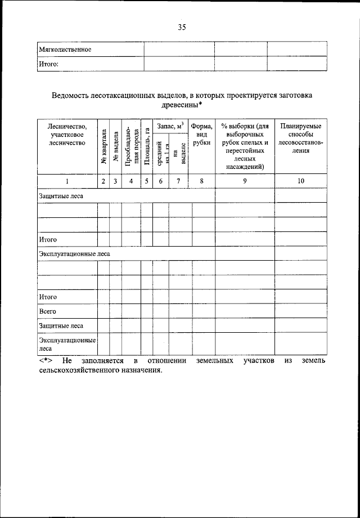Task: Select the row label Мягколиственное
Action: coord(65,50)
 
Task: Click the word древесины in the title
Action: coord(179,105)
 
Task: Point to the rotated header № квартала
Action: coord(103,147)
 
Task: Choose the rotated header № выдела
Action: coord(115,147)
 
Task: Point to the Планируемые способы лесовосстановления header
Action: coord(301,139)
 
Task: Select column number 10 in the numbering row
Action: coord(301,181)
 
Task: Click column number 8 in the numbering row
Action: coord(201,181)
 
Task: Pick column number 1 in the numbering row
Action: coord(67,181)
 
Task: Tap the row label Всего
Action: coord(47,311)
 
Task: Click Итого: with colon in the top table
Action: coord(48,64)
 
